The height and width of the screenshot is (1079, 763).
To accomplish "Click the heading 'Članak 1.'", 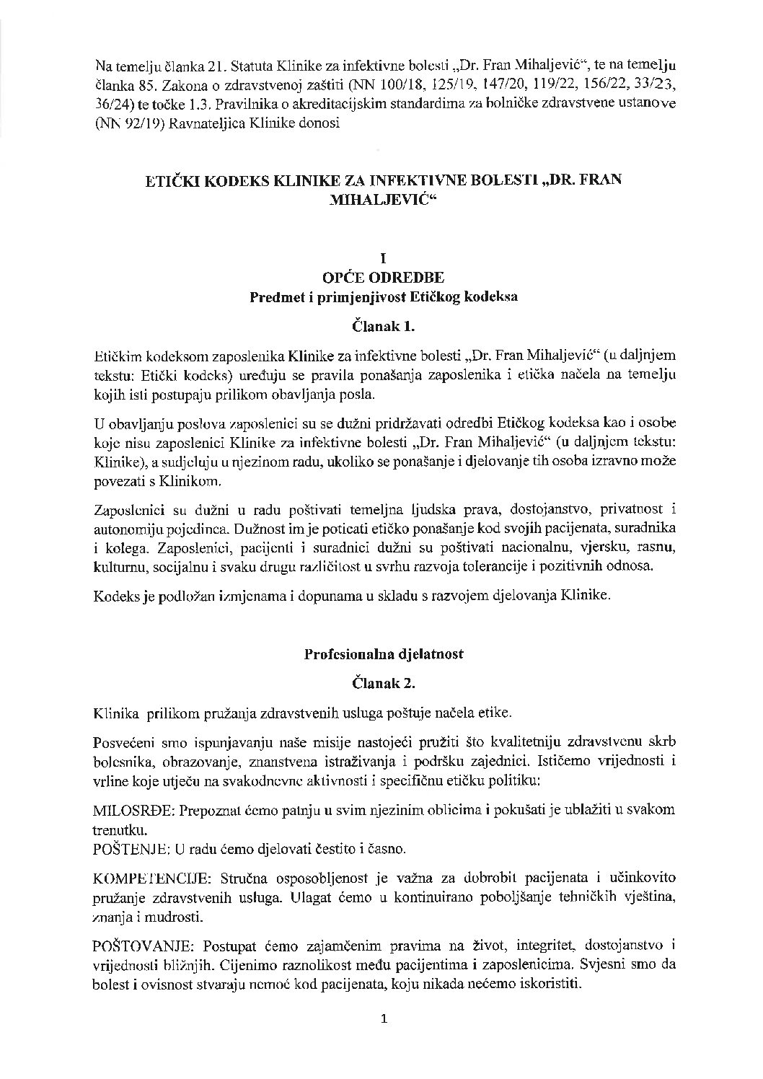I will [383, 326].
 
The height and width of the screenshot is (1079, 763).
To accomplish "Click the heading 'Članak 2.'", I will [383, 682].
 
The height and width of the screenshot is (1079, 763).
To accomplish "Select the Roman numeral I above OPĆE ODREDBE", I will [383, 257].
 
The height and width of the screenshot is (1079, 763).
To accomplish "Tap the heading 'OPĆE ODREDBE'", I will [383, 277].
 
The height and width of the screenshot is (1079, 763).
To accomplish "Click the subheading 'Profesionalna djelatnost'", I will [383, 654].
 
